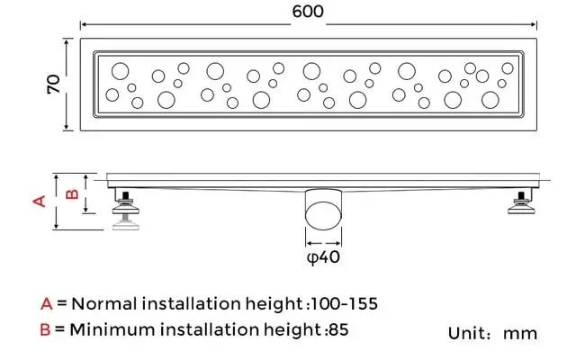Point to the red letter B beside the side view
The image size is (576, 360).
(x=73, y=193)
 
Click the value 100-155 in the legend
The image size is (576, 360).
(x=345, y=303)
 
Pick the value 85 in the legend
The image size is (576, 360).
(x=338, y=329)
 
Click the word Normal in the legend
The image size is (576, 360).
(x=103, y=303)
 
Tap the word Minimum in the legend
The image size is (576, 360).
(x=111, y=329)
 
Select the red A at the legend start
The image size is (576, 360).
(x=46, y=303)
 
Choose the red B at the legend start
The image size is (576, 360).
(x=46, y=329)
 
